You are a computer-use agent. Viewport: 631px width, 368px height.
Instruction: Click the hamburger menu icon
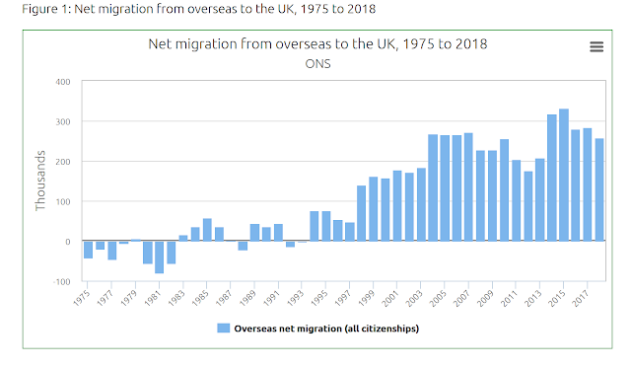pos(596,46)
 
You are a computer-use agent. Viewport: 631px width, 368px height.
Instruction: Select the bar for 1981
pos(159,257)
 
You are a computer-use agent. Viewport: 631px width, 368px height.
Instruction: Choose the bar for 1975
pos(88,250)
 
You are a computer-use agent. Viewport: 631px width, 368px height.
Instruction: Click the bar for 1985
pos(207,230)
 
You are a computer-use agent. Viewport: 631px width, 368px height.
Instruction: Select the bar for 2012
pos(528,206)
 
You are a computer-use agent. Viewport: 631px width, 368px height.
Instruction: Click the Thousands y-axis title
pos(40,181)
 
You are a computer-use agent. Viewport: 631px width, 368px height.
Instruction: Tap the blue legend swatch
pos(223,329)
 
